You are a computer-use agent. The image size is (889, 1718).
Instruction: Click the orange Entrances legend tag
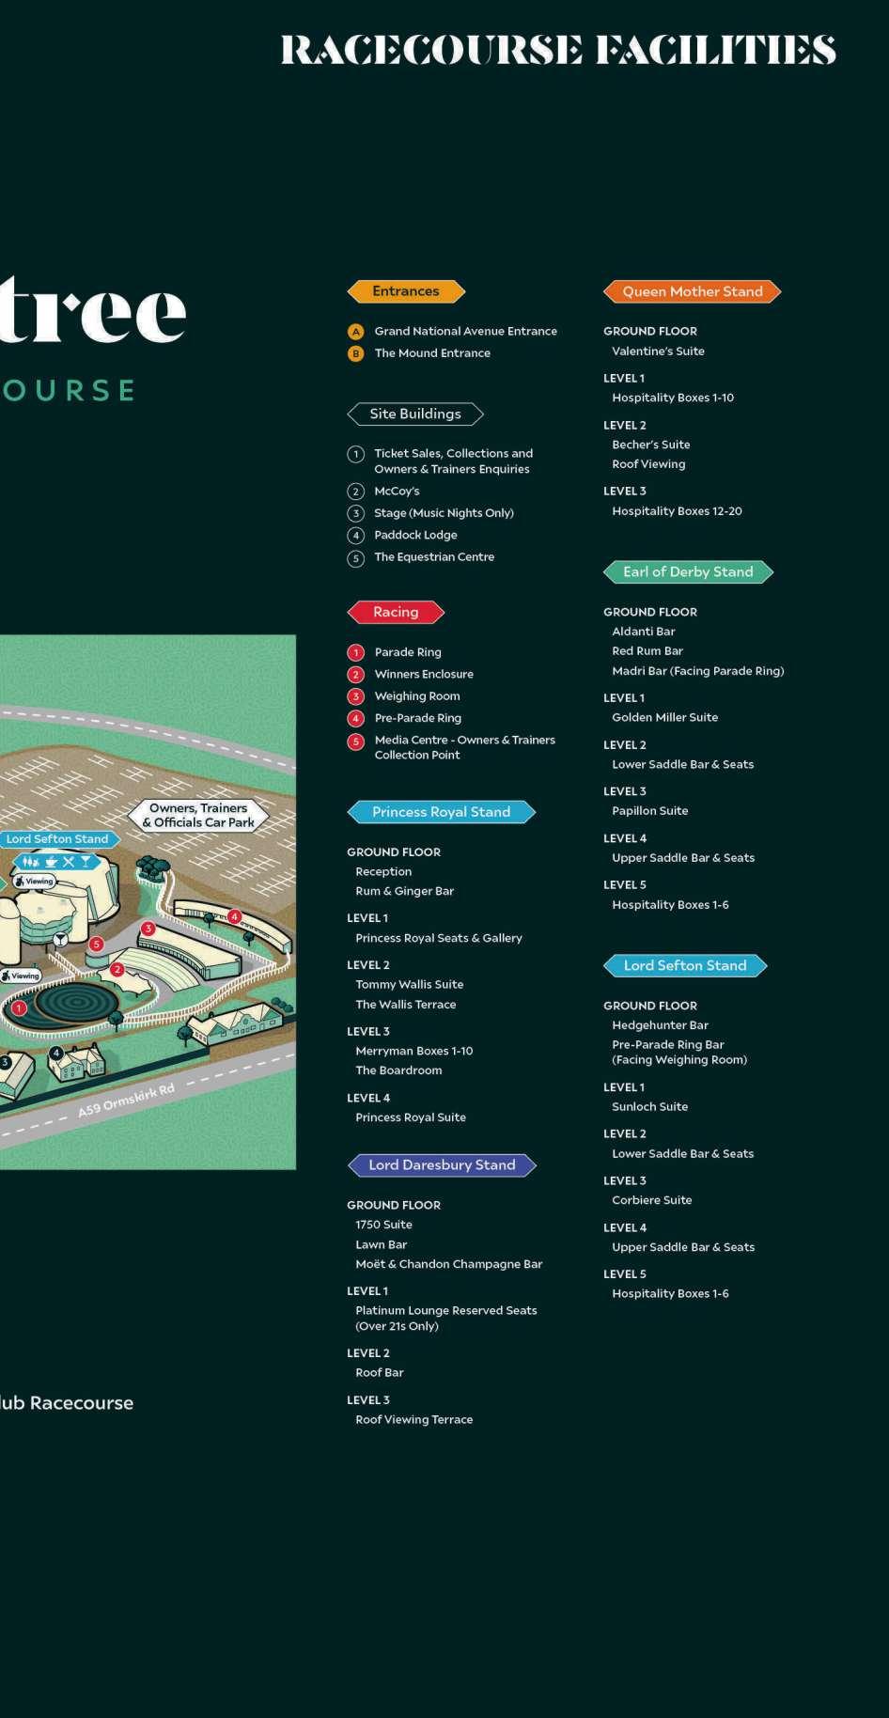click(x=406, y=291)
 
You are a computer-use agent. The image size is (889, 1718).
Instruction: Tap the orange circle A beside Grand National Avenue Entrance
click(x=356, y=332)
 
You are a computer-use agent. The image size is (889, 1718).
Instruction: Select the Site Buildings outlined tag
click(x=415, y=414)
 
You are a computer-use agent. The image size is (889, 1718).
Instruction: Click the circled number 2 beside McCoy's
click(x=355, y=492)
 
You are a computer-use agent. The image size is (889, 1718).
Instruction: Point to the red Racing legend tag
click(x=396, y=612)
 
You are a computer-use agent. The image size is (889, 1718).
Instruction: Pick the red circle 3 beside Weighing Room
click(x=355, y=696)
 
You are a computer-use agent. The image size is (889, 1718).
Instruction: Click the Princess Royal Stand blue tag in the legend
click(x=441, y=812)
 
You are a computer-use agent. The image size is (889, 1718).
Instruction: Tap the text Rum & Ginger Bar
click(x=404, y=891)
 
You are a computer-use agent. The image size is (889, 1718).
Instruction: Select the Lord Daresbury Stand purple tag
click(x=442, y=1165)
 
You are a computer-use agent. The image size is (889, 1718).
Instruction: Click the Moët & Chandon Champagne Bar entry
click(x=448, y=1264)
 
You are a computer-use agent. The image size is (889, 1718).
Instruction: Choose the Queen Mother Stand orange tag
click(x=692, y=291)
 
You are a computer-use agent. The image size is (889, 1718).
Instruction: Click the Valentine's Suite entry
click(x=658, y=351)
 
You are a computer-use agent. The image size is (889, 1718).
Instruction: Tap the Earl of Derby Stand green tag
click(x=688, y=571)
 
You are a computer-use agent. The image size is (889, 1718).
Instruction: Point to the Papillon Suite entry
click(x=649, y=811)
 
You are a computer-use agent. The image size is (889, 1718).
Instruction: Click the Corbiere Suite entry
click(x=651, y=1200)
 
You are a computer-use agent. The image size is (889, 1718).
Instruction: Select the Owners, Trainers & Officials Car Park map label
click(x=198, y=815)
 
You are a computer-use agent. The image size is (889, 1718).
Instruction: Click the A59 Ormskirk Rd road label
click(x=126, y=1101)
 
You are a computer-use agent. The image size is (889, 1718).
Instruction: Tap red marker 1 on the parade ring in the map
click(x=20, y=1008)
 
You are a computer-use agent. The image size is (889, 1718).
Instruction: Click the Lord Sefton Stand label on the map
click(x=57, y=839)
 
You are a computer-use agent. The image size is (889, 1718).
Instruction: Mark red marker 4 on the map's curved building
click(x=235, y=916)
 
